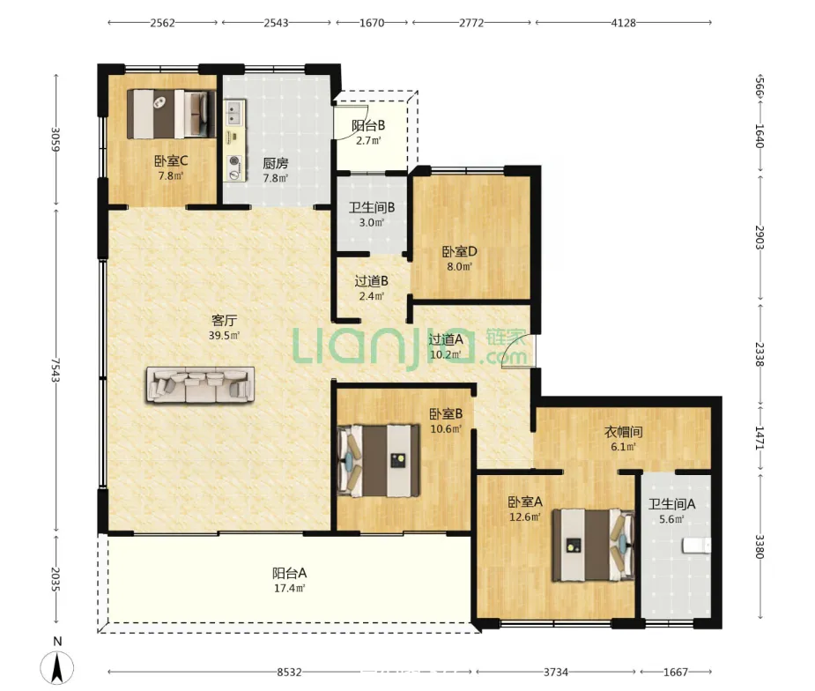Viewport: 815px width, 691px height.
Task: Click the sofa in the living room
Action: point(201,385)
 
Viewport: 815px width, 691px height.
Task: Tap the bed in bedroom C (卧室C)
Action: point(172,114)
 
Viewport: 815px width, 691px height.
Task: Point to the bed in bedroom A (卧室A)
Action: point(593,545)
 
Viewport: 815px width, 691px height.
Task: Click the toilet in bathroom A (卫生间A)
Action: point(696,546)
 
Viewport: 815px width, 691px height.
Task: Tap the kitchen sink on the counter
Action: point(234,113)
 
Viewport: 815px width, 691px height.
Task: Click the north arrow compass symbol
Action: point(57,667)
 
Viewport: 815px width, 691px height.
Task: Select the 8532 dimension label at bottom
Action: point(289,672)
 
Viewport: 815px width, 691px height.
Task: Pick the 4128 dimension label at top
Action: point(623,23)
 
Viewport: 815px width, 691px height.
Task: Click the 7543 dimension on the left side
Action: point(56,369)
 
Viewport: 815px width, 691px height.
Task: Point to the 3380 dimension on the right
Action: point(759,546)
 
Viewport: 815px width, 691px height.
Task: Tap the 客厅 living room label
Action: point(224,320)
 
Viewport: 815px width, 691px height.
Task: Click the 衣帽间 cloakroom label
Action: point(623,432)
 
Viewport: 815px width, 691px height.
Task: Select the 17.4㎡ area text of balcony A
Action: point(289,589)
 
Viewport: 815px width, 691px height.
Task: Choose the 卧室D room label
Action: point(459,252)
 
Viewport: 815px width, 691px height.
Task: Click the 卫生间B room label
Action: point(371,207)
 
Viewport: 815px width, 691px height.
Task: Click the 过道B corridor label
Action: point(371,281)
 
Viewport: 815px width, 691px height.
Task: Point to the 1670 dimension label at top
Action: point(372,23)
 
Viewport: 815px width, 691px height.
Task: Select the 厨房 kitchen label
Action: point(276,163)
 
